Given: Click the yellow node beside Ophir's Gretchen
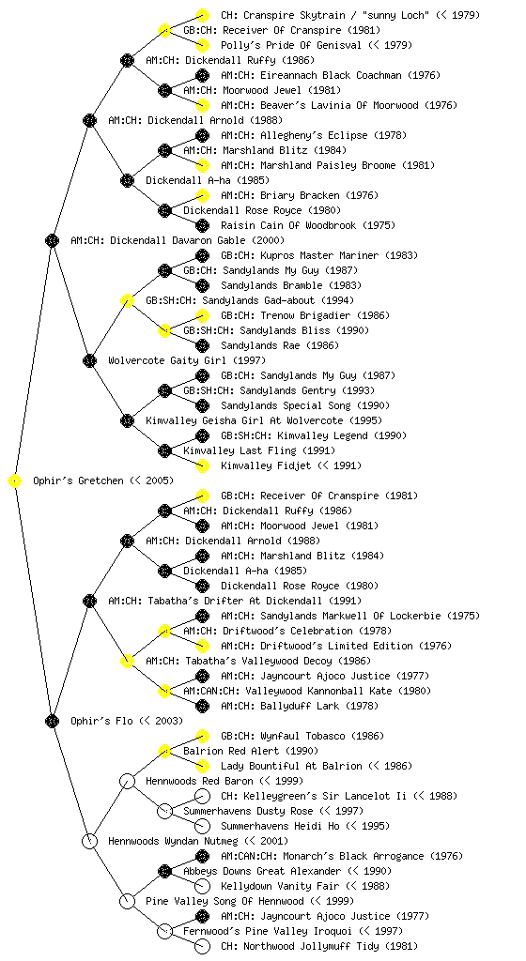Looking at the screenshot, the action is [x=15, y=481].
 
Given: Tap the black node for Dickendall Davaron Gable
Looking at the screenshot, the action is [x=52, y=241].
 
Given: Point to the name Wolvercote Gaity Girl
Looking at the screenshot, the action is [x=161, y=360].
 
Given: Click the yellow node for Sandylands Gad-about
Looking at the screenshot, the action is [x=127, y=301].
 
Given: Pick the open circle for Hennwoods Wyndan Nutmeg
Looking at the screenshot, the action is [x=89, y=841].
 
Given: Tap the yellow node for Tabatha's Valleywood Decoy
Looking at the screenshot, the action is [x=127, y=661].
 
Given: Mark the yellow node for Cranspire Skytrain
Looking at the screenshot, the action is [x=202, y=15].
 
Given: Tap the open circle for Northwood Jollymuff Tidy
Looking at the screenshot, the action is [x=202, y=946].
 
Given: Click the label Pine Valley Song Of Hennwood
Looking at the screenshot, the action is [x=224, y=901].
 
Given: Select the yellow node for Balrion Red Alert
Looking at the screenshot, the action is [x=164, y=751].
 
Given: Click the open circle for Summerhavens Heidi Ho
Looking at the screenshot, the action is [x=202, y=826].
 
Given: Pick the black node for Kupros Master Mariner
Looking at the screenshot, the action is [x=202, y=255].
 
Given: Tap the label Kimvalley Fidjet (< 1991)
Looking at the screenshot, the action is [x=291, y=465].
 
